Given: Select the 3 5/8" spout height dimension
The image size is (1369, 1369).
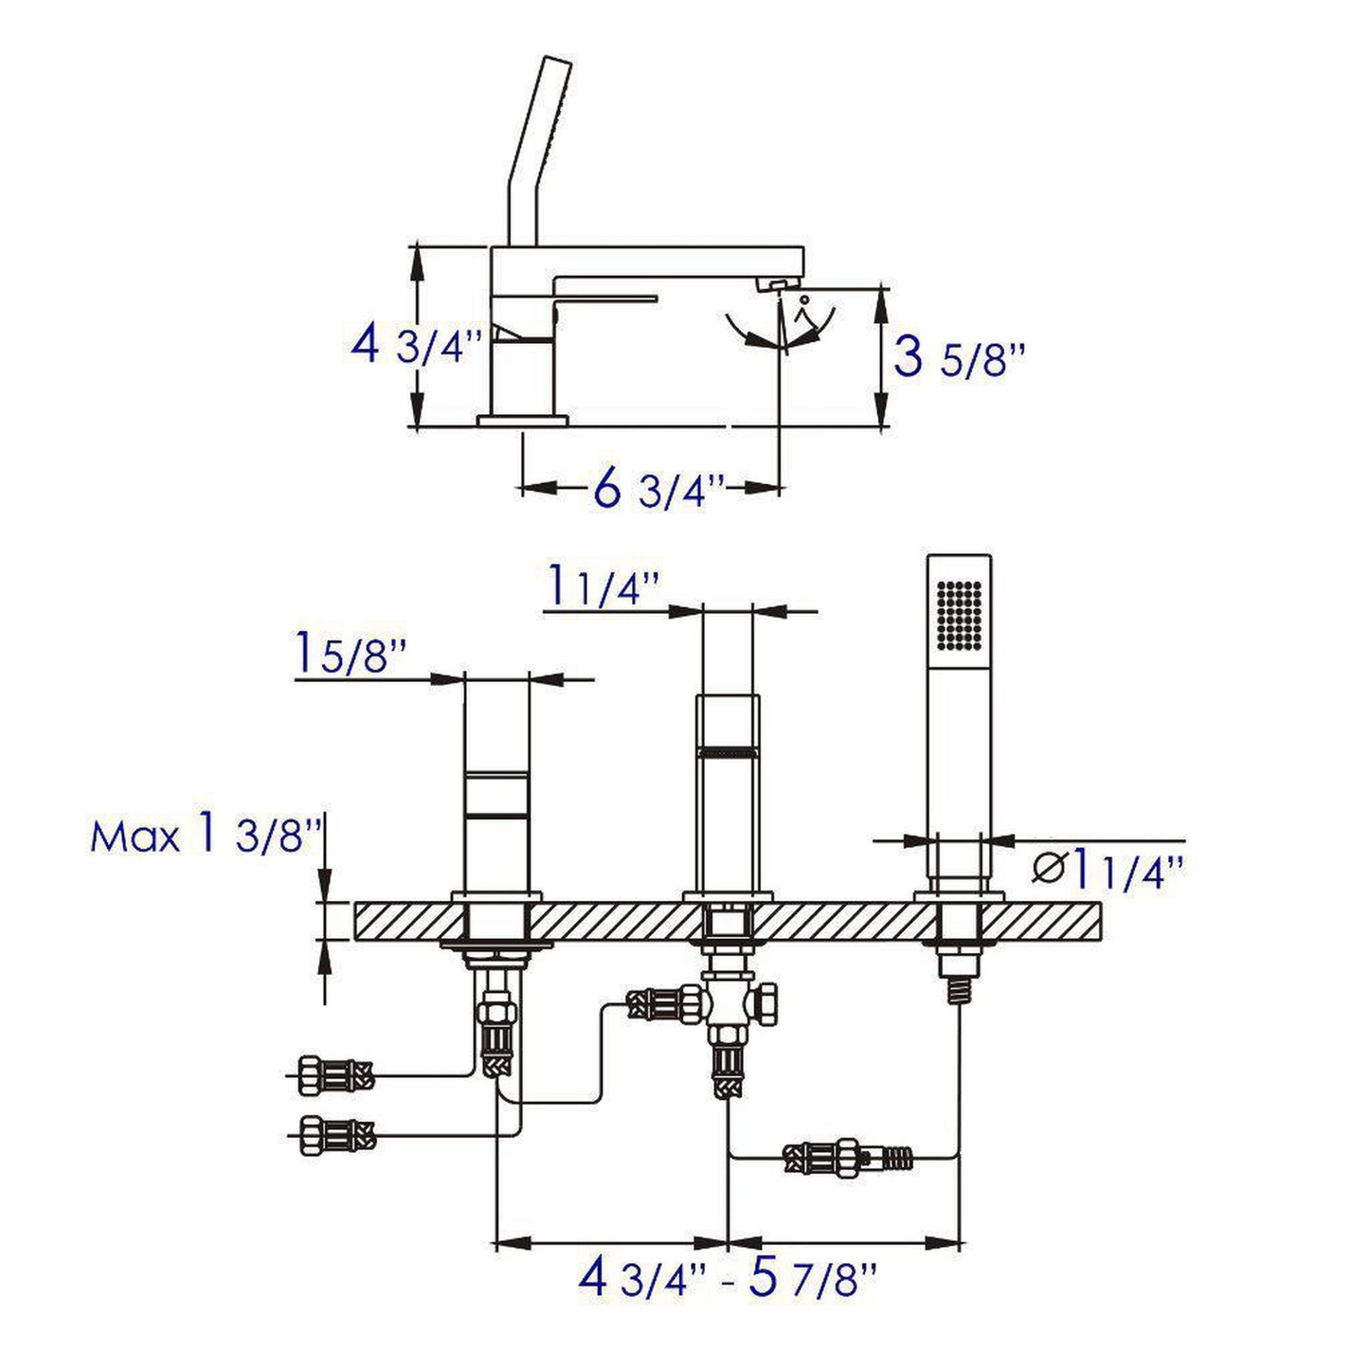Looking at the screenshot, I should pos(959,359).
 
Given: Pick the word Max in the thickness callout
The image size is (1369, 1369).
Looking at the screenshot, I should pos(134,838).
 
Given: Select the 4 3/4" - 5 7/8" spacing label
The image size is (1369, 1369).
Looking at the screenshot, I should pos(728,1280).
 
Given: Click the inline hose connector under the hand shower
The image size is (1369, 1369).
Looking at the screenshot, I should pos(847,1158).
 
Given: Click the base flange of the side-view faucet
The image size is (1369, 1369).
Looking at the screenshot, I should pos(522,421).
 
